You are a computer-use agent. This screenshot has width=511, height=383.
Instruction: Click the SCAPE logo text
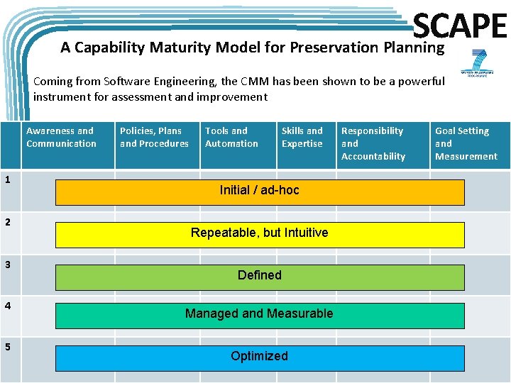[460, 26]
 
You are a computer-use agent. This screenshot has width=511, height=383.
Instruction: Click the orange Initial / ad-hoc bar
[260, 191]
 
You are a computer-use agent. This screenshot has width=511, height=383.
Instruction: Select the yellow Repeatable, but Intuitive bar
[260, 234]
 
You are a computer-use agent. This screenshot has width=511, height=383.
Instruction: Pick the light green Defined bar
[260, 277]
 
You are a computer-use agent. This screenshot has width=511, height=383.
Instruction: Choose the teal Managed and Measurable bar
[260, 315]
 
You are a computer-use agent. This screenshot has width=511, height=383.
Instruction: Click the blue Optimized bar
[260, 357]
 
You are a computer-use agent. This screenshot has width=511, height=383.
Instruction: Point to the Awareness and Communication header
[61, 138]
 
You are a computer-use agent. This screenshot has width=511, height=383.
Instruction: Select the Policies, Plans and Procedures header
[154, 138]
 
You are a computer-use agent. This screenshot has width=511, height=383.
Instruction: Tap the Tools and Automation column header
[231, 138]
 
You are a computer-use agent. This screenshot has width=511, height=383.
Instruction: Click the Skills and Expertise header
[302, 138]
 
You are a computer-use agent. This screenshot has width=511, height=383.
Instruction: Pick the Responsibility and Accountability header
[373, 143]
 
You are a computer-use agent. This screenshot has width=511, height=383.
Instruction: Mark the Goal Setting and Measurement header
[466, 143]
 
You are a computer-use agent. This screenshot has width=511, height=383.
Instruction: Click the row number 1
[7, 180]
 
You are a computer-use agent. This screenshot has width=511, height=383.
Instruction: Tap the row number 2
[7, 222]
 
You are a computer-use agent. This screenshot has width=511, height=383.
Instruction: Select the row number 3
[7, 265]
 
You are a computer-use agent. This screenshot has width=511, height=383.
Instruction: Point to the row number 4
[7, 306]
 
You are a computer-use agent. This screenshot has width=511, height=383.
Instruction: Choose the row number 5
[7, 347]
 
